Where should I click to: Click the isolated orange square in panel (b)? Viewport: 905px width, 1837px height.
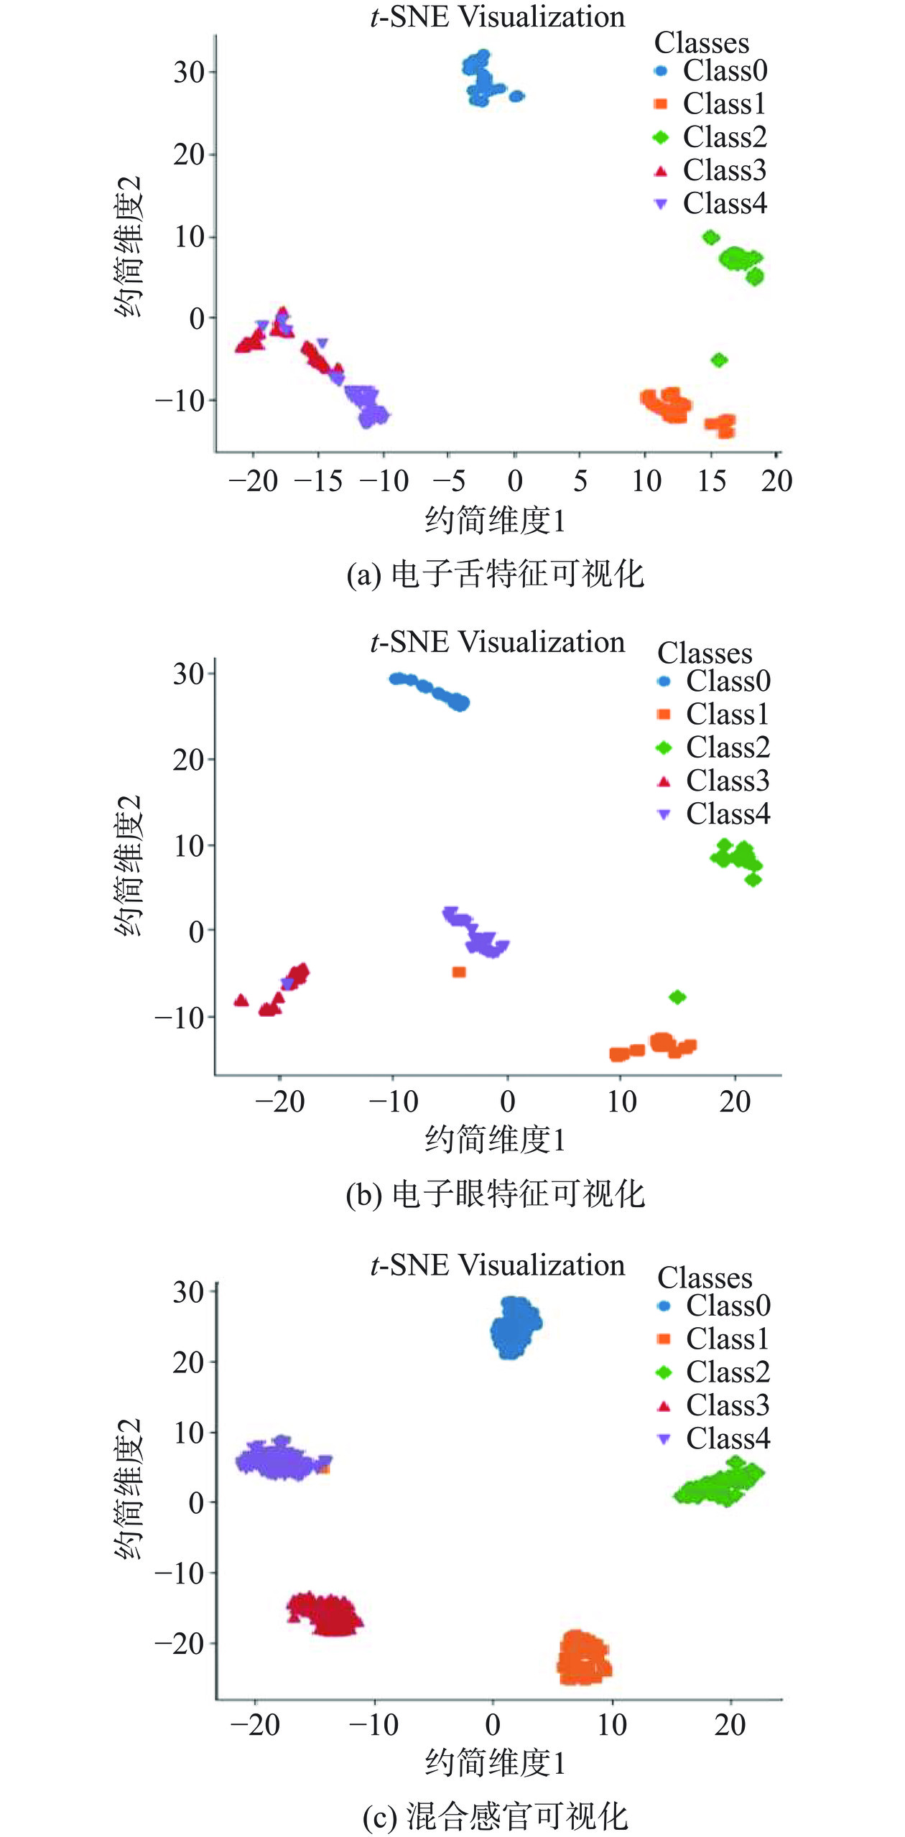pyautogui.click(x=459, y=972)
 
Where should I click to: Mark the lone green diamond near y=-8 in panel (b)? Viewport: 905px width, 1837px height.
pyautogui.click(x=677, y=997)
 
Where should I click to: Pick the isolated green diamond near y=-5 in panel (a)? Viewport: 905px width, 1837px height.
pyautogui.click(x=719, y=360)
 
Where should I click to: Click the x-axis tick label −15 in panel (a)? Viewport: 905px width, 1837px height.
pyautogui.click(x=318, y=481)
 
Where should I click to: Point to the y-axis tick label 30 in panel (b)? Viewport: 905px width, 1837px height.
pyautogui.click(x=188, y=674)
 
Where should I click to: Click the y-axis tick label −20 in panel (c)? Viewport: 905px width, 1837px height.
pyautogui.click(x=180, y=1643)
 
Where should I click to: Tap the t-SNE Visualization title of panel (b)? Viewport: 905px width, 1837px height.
pyautogui.click(x=497, y=642)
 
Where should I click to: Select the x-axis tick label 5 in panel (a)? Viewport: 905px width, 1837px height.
pyautogui.click(x=580, y=481)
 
